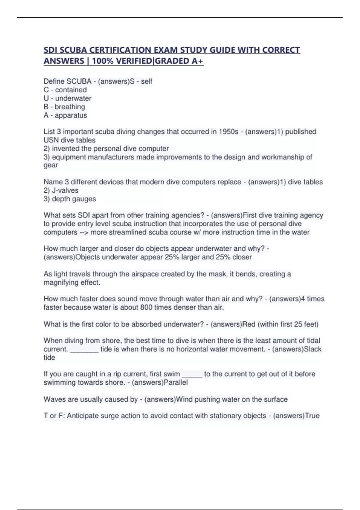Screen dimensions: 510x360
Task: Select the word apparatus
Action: (71, 115)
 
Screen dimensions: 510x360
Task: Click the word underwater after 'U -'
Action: (73, 98)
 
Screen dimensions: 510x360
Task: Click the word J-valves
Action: (65, 190)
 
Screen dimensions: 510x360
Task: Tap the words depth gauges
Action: (74, 199)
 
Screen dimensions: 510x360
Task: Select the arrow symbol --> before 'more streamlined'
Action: (84, 232)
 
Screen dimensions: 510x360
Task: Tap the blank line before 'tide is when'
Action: (84, 349)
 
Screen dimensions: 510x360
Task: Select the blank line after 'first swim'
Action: (192, 374)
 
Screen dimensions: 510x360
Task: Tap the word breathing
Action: (70, 107)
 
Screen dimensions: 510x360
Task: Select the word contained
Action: (71, 90)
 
